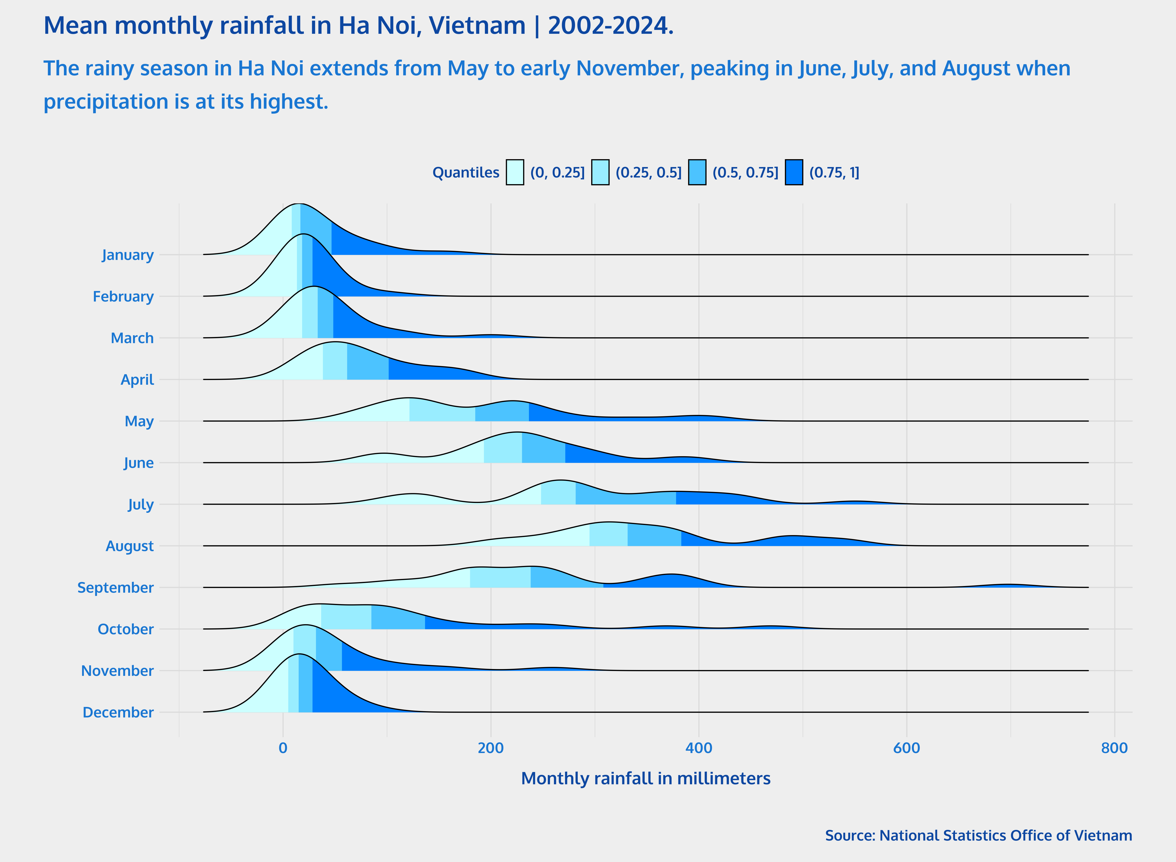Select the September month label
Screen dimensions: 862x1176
tap(115, 587)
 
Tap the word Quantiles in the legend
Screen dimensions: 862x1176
tap(465, 173)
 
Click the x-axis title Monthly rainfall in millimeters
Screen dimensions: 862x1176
tap(646, 778)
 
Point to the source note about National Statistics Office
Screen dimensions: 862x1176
tap(978, 835)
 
